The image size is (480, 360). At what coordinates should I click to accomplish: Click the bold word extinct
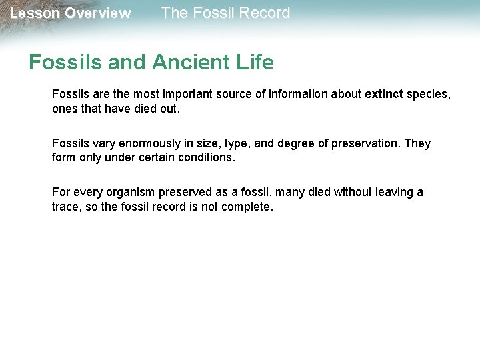coord(384,95)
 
